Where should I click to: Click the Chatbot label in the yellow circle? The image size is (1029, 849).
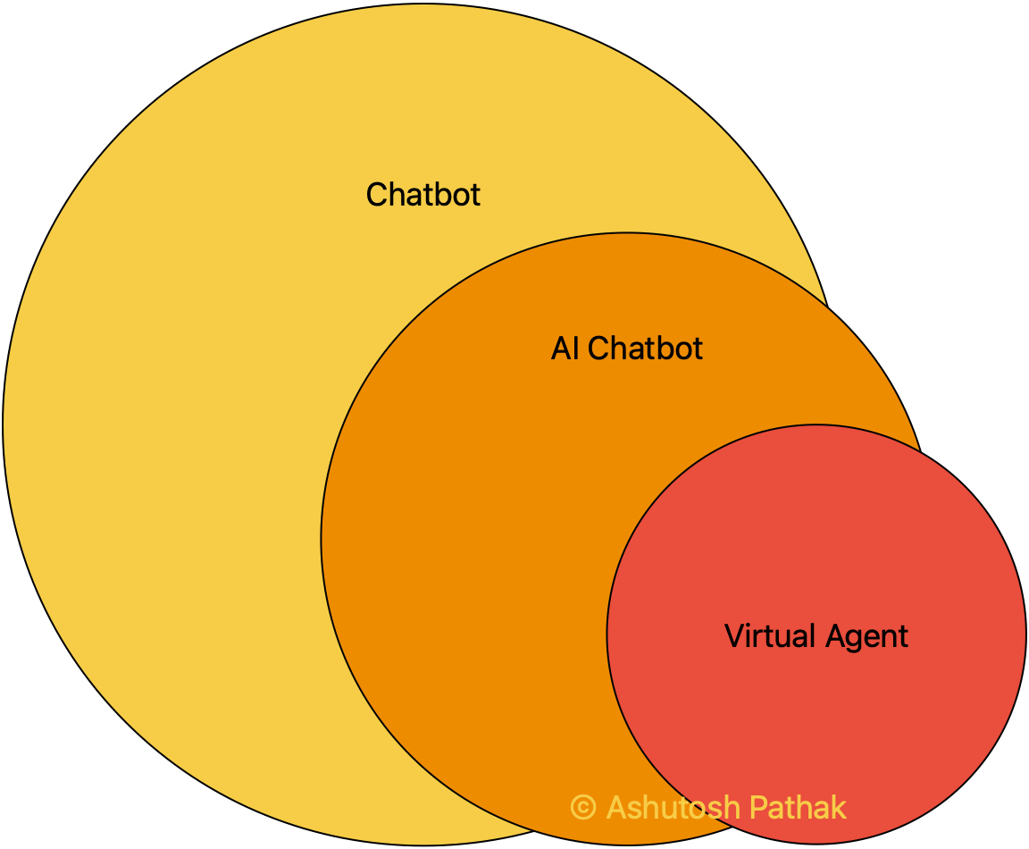click(423, 194)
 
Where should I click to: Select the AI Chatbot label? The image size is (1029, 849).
click(627, 348)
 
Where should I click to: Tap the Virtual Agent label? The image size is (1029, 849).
click(816, 636)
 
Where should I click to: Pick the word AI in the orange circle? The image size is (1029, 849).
click(565, 348)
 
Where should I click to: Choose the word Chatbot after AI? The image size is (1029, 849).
click(646, 348)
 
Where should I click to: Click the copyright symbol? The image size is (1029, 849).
click(583, 808)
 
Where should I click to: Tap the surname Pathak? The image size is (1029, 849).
click(798, 808)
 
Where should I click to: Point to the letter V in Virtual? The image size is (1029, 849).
click(732, 636)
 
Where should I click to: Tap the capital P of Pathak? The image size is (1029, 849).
click(757, 808)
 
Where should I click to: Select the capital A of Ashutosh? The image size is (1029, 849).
click(616, 808)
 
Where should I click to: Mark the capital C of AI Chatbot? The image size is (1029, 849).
click(599, 348)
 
